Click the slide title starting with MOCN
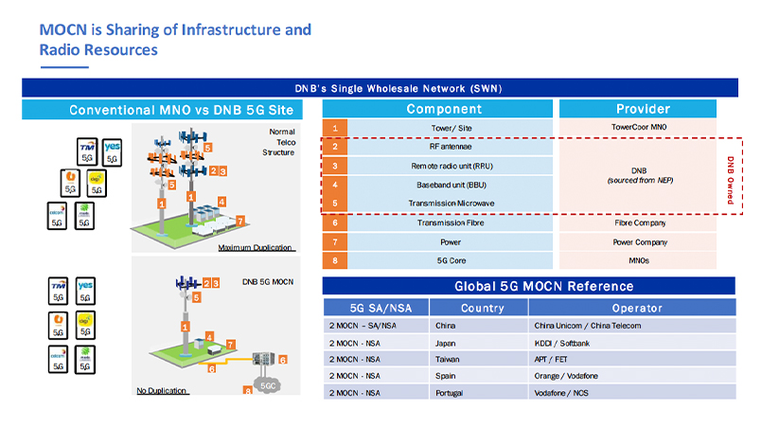pos(175,39)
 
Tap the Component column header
pos(436,109)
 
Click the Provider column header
pos(643,109)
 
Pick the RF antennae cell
pos(436,147)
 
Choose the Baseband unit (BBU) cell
pos(436,185)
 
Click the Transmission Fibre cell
pos(436,223)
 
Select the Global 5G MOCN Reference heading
pos(529,286)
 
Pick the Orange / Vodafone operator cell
pos(567,375)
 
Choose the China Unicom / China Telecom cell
pos(587,326)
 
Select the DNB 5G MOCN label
pos(267,282)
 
